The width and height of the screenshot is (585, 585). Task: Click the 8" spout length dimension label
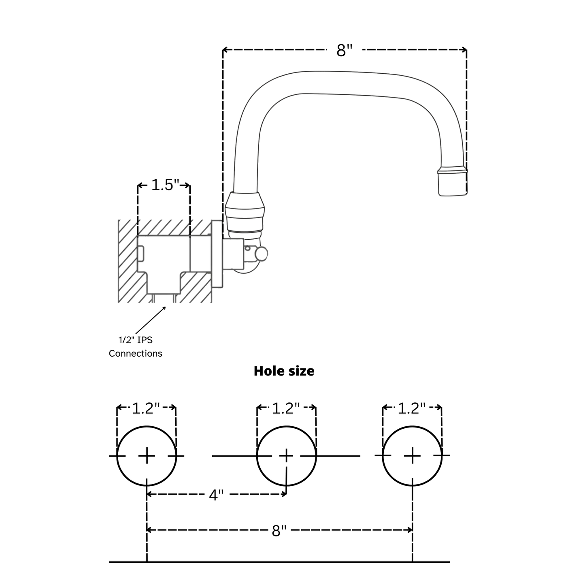[x=345, y=51]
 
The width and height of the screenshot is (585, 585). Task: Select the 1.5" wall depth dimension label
[x=165, y=185]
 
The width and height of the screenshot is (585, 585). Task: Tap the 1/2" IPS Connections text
[x=135, y=347]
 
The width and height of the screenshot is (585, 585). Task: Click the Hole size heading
[x=284, y=371]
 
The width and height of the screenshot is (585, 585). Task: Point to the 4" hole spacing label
[x=216, y=495]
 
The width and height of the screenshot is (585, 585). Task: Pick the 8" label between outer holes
[x=279, y=530]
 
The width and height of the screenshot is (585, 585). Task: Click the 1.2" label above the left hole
[x=146, y=408]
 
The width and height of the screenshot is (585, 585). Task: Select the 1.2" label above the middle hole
[x=286, y=408]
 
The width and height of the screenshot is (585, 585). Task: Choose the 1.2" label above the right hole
[x=412, y=408]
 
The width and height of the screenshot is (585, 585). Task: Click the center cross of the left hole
[x=147, y=456]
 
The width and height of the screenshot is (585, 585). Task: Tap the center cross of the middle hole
[x=286, y=456]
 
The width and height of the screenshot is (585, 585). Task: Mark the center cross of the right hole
[x=412, y=456]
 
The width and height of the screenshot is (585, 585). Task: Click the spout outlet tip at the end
[x=452, y=183]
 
